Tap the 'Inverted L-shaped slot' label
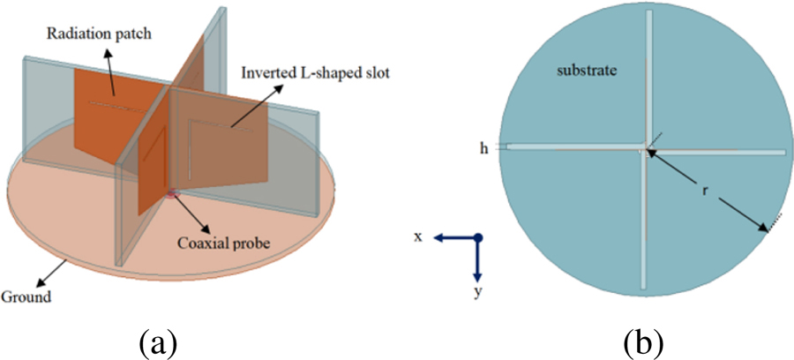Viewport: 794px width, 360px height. pos(315,73)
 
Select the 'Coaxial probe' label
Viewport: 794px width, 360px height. pos(224,243)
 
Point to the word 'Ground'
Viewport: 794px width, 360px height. pos(26,296)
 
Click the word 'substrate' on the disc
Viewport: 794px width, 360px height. pos(587,71)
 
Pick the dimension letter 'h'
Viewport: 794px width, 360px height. pos(483,149)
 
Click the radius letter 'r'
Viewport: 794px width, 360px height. pos(704,193)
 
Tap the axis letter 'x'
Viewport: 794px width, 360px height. pos(418,236)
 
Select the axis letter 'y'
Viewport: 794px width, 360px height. pos(477,294)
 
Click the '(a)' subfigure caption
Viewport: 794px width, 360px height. pos(159,344)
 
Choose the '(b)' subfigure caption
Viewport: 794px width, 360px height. pos(642,344)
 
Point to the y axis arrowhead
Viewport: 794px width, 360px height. pos(477,277)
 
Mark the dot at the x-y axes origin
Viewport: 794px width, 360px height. pos(477,237)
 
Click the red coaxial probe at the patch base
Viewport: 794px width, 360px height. pos(173,192)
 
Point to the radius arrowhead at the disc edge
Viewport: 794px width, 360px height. pos(764,229)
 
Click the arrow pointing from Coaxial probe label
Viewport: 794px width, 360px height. pos(190,212)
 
